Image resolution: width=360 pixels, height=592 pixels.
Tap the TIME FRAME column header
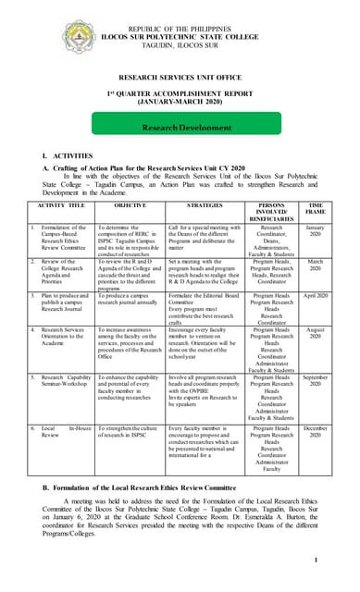point(315,208)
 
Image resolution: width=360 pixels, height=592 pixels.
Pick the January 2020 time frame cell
point(315,231)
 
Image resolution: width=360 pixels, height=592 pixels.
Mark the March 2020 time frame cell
point(315,265)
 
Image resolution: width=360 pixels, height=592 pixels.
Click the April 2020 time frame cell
point(315,296)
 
